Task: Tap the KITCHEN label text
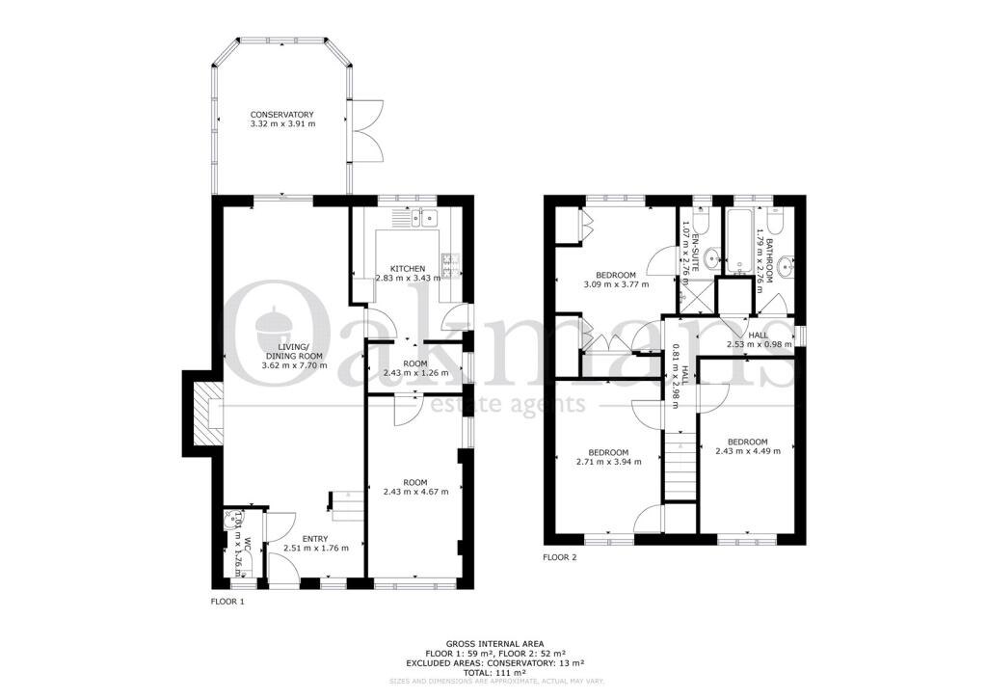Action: coord(407,268)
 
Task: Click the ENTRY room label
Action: coord(314,539)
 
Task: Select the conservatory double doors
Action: coord(368,132)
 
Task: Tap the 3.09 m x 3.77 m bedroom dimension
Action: coord(616,284)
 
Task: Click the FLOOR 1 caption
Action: coord(227,602)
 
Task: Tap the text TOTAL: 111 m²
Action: coord(494,671)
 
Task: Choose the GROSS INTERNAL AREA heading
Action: coord(494,643)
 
